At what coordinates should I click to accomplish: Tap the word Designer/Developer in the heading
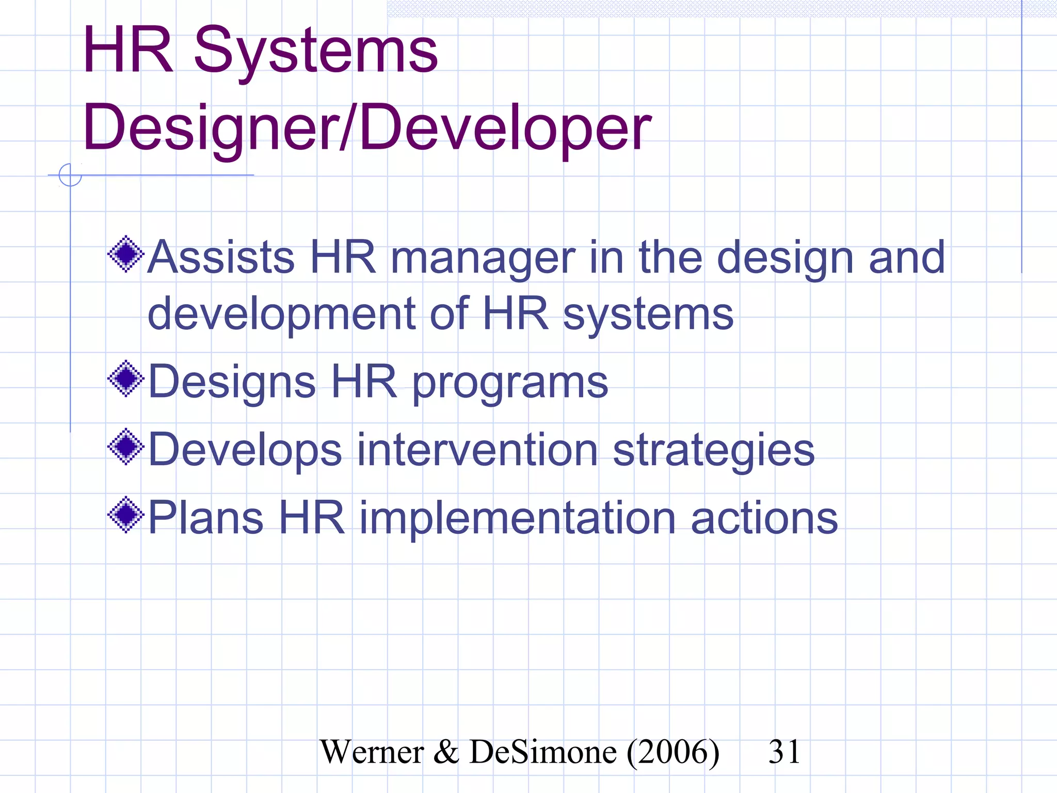(x=367, y=128)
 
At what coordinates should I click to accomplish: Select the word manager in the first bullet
(x=483, y=258)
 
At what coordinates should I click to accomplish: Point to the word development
(x=282, y=314)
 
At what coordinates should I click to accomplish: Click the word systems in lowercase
(x=648, y=315)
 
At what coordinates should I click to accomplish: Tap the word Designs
(x=232, y=383)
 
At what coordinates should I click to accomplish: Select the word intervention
(x=477, y=450)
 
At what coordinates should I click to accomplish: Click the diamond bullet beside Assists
(x=126, y=254)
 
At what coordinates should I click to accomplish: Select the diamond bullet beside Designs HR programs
(x=126, y=379)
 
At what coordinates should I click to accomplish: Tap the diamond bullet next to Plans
(x=126, y=515)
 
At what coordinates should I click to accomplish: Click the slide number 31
(x=784, y=752)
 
